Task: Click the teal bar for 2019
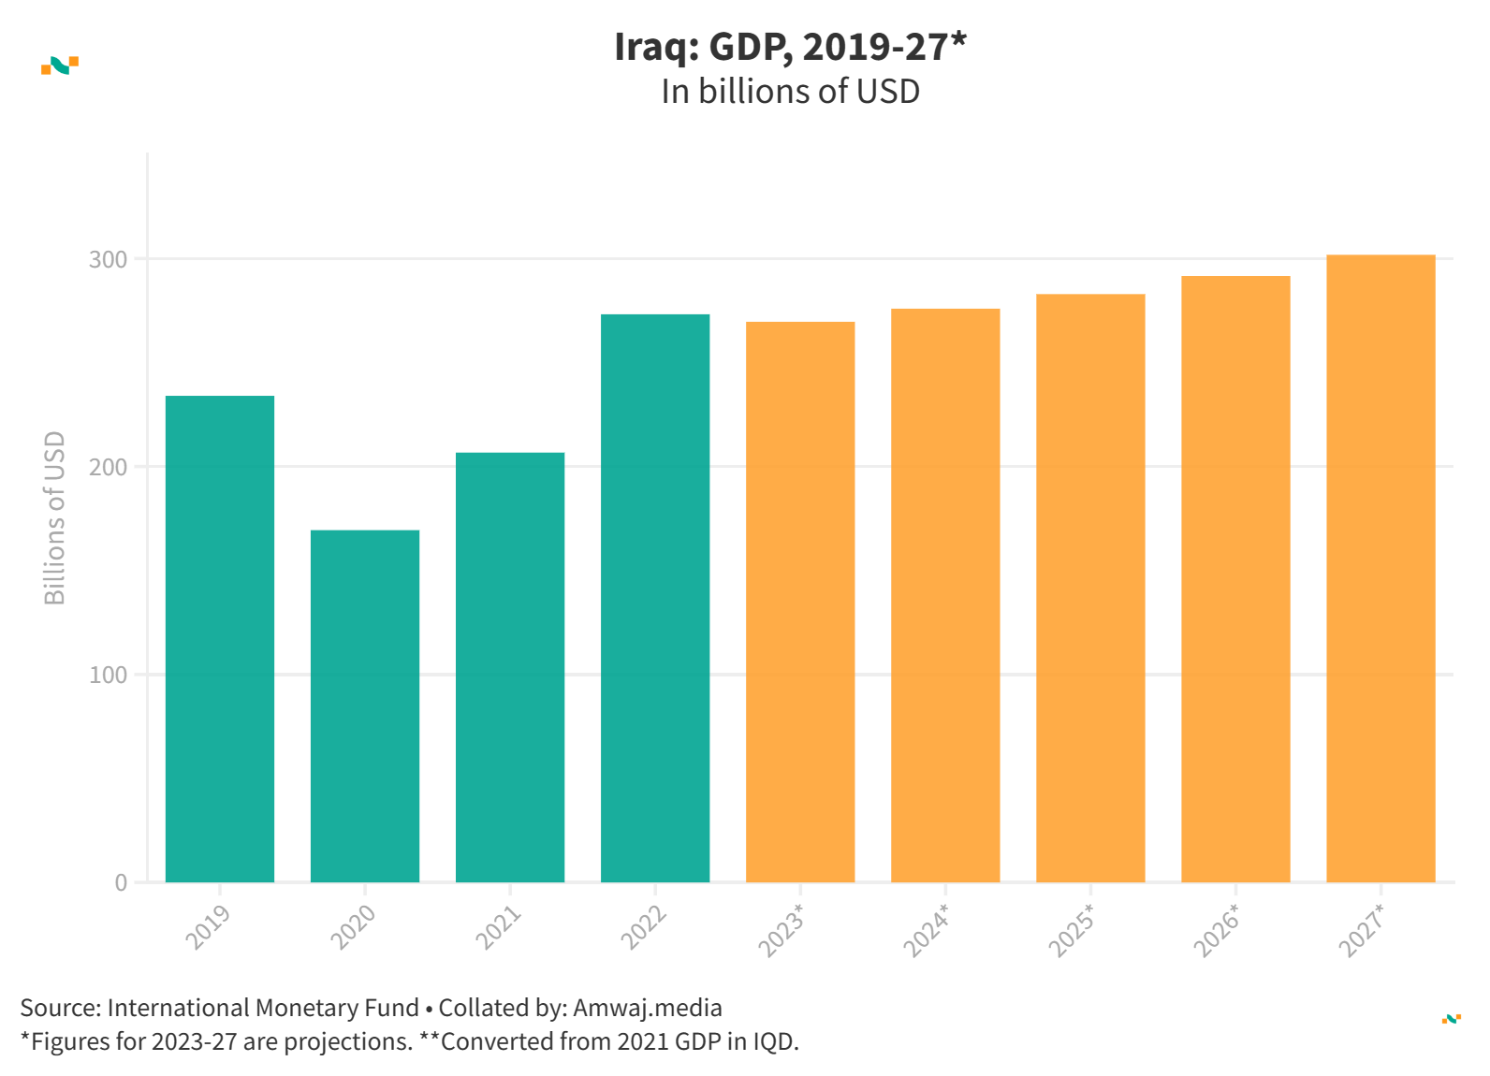click(x=220, y=638)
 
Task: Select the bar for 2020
click(x=365, y=705)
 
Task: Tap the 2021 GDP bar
click(x=510, y=666)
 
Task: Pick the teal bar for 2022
click(x=655, y=598)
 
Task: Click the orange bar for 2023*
click(x=800, y=602)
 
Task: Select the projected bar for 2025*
click(x=1090, y=588)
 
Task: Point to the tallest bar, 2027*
click(x=1380, y=568)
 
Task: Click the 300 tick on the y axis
click(x=109, y=260)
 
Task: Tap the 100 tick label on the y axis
click(x=109, y=676)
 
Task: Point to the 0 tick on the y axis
click(x=121, y=883)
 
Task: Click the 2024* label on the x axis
click(x=927, y=930)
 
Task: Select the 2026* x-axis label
click(x=1217, y=930)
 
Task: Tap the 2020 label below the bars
click(x=353, y=926)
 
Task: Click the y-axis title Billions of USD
click(x=55, y=517)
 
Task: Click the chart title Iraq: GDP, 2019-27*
click(x=790, y=47)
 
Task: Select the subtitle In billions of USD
click(x=790, y=92)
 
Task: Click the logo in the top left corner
click(x=60, y=65)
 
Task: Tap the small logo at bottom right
click(x=1451, y=1018)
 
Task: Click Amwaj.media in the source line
click(x=648, y=1008)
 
